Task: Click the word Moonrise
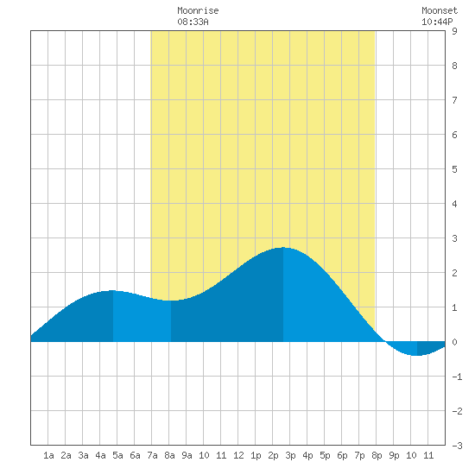pyautogui.click(x=198, y=10)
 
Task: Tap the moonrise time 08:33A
pyautogui.click(x=193, y=22)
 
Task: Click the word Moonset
pyautogui.click(x=440, y=10)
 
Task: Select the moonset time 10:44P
pyautogui.click(x=437, y=22)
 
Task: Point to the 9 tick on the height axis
pyautogui.click(x=454, y=31)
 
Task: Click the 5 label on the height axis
pyautogui.click(x=454, y=169)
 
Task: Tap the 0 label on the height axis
pyautogui.click(x=454, y=342)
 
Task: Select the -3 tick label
pyautogui.click(x=457, y=446)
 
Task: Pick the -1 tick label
pyautogui.click(x=457, y=377)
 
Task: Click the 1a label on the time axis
pyautogui.click(x=48, y=455)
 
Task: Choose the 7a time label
pyautogui.click(x=152, y=455)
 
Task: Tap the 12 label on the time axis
pyautogui.click(x=238, y=455)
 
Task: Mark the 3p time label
pyautogui.click(x=290, y=455)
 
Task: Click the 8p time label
pyautogui.click(x=377, y=455)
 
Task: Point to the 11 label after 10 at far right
pyautogui.click(x=428, y=455)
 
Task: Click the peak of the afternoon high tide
pyautogui.click(x=283, y=248)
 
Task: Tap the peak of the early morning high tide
pyautogui.click(x=112, y=290)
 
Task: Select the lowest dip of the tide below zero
pyautogui.click(x=417, y=355)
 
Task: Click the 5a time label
pyautogui.click(x=117, y=455)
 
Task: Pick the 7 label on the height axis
pyautogui.click(x=454, y=100)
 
